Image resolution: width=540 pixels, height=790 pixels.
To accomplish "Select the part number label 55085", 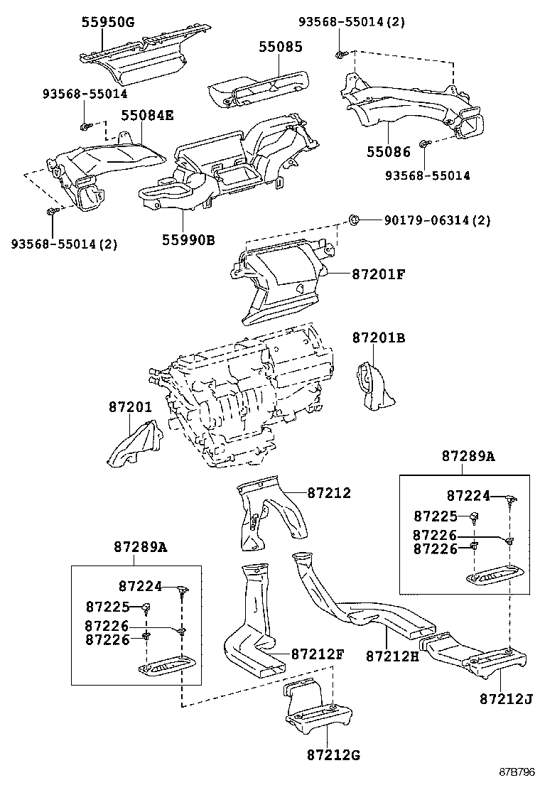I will click(280, 48).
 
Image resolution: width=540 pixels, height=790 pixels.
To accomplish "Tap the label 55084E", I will click(146, 114).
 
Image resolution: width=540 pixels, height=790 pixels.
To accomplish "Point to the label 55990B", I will click(186, 239).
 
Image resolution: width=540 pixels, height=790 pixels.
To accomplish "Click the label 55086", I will click(389, 152).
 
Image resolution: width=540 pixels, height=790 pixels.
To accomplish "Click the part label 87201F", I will click(377, 273).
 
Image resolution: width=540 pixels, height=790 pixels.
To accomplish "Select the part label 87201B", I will click(379, 339).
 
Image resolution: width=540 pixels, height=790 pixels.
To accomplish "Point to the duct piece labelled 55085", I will click(259, 87).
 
